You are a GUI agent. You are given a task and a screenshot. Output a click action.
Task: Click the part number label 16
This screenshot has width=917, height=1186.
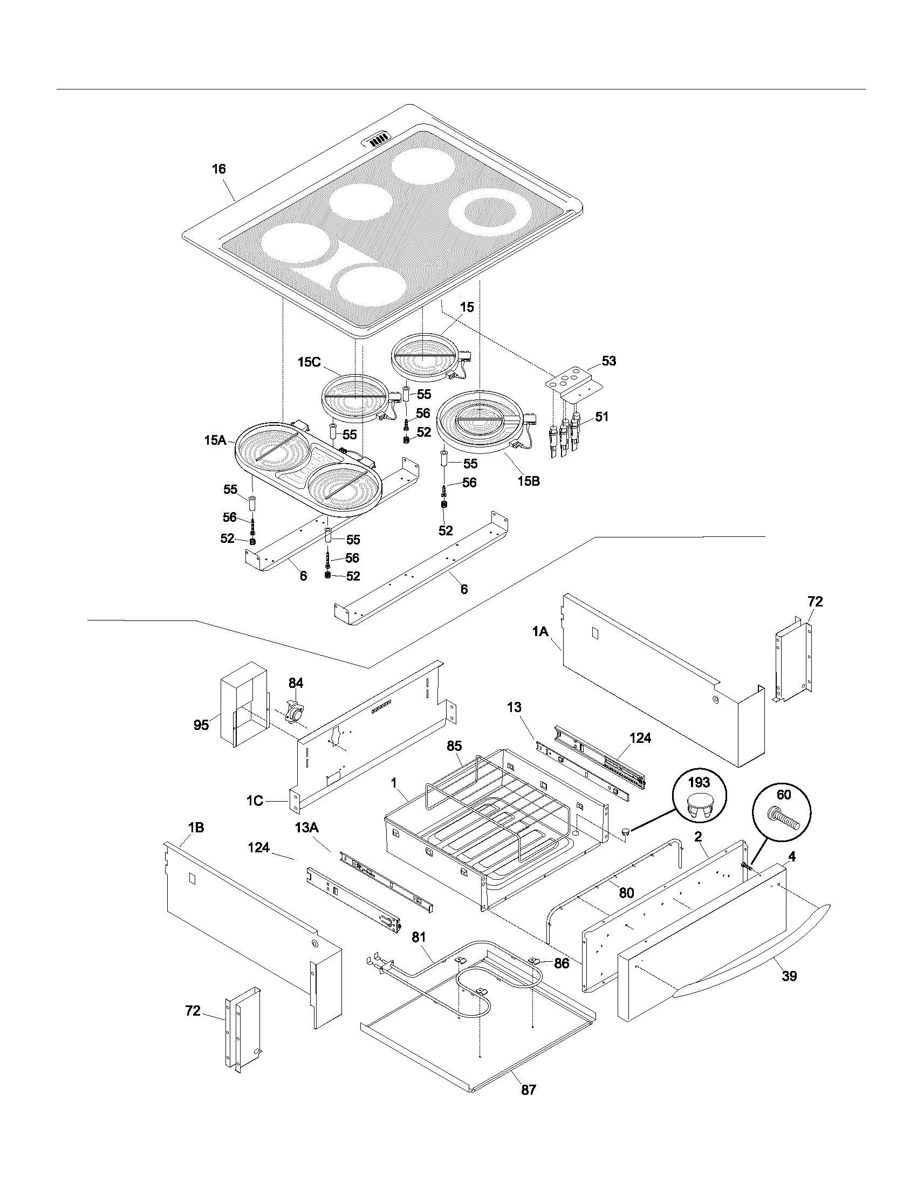coord(218,169)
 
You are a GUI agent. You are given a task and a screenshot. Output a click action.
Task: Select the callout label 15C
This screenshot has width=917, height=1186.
coord(309,362)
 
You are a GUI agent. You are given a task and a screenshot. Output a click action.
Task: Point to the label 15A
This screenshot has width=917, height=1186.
coord(215,440)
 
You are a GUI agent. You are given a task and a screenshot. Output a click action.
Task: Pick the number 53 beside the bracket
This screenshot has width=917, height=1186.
coord(609,361)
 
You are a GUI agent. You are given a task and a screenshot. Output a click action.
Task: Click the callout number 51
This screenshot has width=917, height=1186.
coord(601,417)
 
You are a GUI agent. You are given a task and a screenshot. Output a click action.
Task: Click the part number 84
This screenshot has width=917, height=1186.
coord(296,683)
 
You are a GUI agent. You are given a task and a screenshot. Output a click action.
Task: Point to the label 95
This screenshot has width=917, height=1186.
coord(201,725)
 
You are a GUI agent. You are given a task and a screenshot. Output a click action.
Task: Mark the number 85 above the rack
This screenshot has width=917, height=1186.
coord(454,747)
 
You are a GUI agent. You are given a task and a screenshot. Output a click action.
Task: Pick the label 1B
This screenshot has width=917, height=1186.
coord(196,828)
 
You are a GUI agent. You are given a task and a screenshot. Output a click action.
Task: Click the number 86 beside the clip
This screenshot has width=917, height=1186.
coord(561,963)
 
